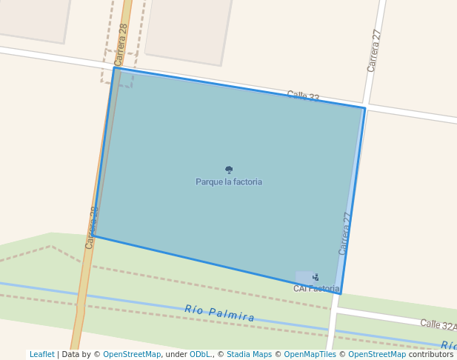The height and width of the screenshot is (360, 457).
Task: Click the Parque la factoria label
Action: pyautogui.click(x=229, y=181)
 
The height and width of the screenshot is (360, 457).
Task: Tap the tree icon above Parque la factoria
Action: pyautogui.click(x=229, y=170)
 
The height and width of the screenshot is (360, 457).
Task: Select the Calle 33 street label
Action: pyautogui.click(x=303, y=96)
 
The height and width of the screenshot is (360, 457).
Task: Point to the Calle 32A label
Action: pyautogui.click(x=438, y=324)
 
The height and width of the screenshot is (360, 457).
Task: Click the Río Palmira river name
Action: pyautogui.click(x=220, y=313)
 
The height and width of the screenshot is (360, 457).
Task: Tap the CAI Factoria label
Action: pyautogui.click(x=316, y=288)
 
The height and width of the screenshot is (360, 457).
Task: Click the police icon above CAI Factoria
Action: pyautogui.click(x=316, y=277)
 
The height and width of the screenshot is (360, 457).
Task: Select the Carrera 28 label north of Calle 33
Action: pyautogui.click(x=122, y=44)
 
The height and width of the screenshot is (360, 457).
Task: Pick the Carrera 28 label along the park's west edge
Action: pyautogui.click(x=92, y=227)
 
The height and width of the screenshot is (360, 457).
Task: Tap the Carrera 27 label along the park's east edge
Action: pyautogui.click(x=345, y=233)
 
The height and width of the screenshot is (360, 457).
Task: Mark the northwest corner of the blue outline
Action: pyautogui.click(x=115, y=68)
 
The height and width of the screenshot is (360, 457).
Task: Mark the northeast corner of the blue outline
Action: pyautogui.click(x=364, y=109)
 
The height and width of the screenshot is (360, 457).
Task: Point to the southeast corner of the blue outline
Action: pyautogui.click(x=341, y=293)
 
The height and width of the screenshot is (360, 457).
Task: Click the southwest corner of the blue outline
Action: pyautogui.click(x=93, y=236)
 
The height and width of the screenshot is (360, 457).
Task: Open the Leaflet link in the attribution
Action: pyautogui.click(x=41, y=354)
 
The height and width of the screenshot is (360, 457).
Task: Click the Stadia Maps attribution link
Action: pyautogui.click(x=249, y=354)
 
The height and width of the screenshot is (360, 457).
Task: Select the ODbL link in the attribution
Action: pyautogui.click(x=200, y=354)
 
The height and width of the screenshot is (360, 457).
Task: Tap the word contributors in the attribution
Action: pyautogui.click(x=431, y=354)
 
